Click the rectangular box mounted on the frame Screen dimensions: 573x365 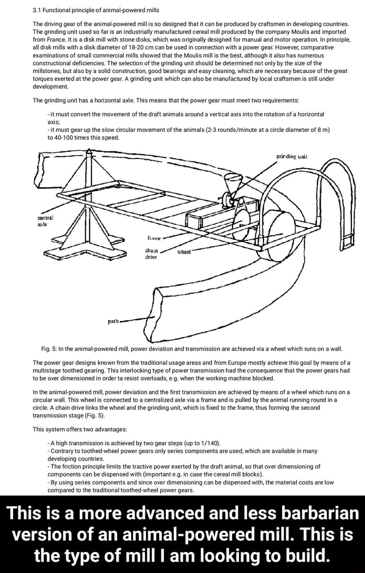(x=200, y=217)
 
